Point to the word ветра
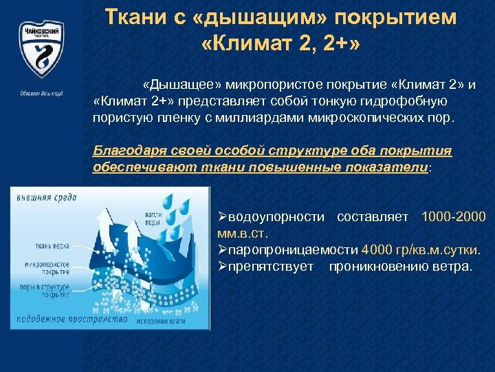click(x=454, y=265)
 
